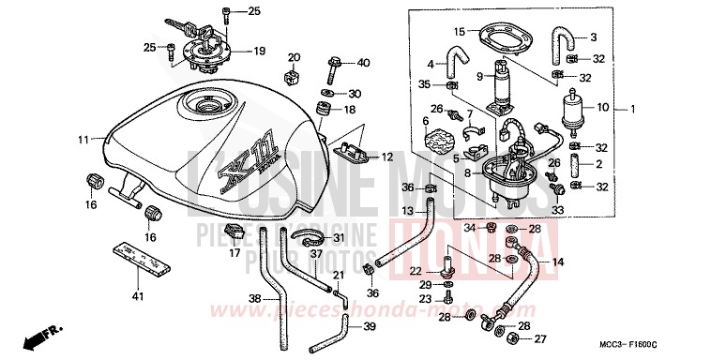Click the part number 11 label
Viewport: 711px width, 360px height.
pos(83,140)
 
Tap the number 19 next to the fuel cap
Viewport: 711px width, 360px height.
pos(260,51)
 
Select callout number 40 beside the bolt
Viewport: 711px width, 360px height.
pos(364,63)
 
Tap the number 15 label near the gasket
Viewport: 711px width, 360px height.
pos(460,32)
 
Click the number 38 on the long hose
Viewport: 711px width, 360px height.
pos(254,300)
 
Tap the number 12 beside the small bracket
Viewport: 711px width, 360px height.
pos(386,157)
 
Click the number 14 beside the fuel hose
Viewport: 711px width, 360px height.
pos(557,262)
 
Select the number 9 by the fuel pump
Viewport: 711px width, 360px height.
pos(478,76)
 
